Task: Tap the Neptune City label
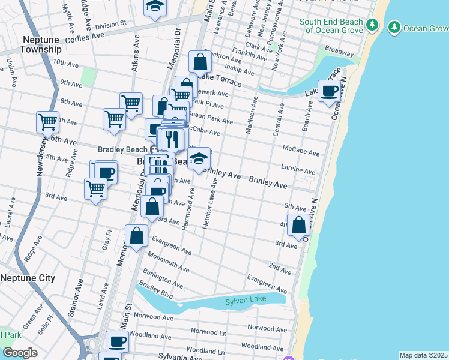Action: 28,278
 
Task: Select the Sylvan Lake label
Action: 244,302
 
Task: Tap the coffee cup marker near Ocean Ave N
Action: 329,91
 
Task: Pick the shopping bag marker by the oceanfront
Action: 298,225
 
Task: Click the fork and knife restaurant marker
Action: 172,139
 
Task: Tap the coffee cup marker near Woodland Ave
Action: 118,342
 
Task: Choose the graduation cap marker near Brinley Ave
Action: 199,158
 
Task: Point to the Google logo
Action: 20,352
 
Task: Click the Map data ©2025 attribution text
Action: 423,355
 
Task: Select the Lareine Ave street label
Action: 298,170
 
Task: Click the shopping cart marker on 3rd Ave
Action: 95,188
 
